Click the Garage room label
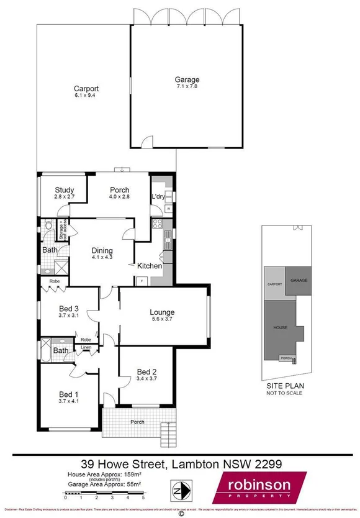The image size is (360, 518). tap(187, 80)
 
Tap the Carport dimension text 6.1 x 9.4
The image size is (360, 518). tap(86, 96)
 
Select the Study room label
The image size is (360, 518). tap(65, 190)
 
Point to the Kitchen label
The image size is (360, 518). tap(150, 266)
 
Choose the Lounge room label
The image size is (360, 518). tap(162, 312)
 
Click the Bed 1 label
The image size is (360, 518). tap(69, 394)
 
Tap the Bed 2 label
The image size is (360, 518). tap(147, 373)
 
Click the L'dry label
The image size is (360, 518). tap(158, 197)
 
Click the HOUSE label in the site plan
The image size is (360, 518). tap(281, 327)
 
